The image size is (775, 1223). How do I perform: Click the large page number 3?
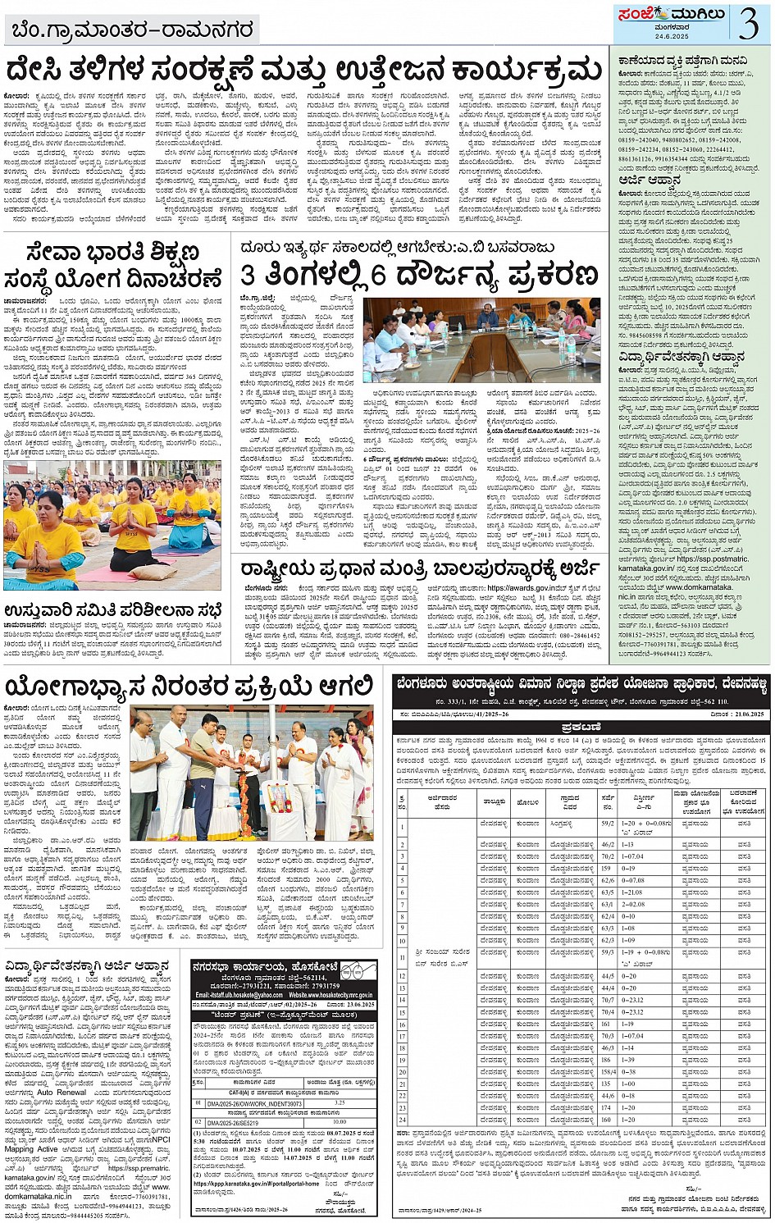tap(748, 25)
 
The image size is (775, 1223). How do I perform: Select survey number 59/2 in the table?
tap(608, 823)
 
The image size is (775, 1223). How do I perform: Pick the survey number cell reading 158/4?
tap(608, 1071)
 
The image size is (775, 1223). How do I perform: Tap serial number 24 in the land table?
tap(403, 1120)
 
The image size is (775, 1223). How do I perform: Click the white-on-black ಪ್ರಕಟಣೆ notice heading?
tap(581, 728)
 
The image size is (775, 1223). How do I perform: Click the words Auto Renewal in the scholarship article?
tap(62, 1093)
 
